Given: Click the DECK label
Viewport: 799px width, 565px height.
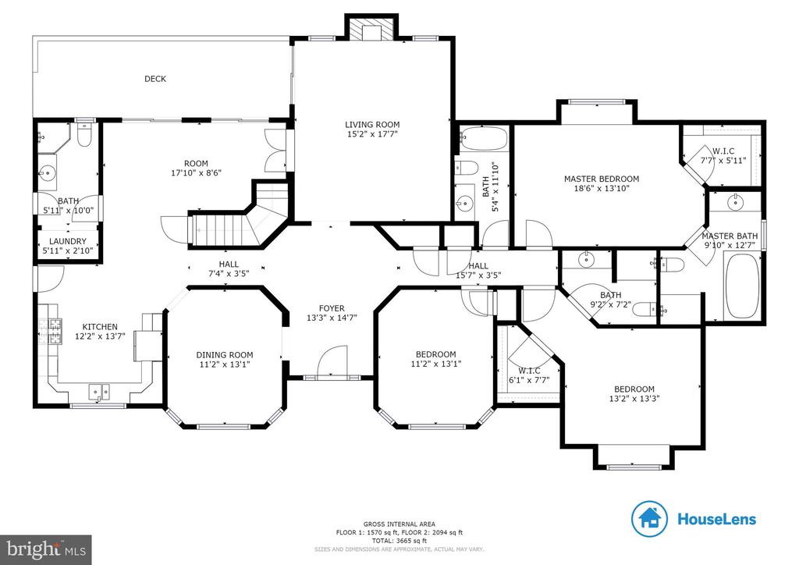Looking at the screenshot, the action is [155, 79].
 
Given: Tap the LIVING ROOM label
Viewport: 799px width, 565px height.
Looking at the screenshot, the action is [372, 124].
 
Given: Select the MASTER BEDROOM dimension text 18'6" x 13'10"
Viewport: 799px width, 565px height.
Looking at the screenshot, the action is [602, 188].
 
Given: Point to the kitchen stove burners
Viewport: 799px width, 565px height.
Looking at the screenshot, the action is [55, 331].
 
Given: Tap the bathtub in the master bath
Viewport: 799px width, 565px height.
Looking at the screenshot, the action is [742, 286].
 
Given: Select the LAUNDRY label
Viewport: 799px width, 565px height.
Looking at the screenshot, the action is [68, 241].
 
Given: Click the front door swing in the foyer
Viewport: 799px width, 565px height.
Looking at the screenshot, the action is [332, 361].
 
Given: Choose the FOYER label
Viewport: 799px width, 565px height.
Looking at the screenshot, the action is [332, 308].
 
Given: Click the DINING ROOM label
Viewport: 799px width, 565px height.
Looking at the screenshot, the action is [225, 354].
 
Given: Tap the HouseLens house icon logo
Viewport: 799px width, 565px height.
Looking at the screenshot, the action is [649, 519].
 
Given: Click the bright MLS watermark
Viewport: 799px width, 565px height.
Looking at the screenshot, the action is [46, 549].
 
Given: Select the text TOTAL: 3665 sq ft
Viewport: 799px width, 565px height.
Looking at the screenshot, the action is [399, 541].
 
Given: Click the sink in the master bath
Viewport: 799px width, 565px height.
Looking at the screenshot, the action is [735, 202].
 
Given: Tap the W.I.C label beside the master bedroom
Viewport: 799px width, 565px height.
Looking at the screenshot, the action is [723, 151].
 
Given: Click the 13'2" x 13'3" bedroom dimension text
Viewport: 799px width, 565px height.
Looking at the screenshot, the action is [634, 399].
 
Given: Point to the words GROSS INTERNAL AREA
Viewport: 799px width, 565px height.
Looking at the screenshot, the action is [399, 524].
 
